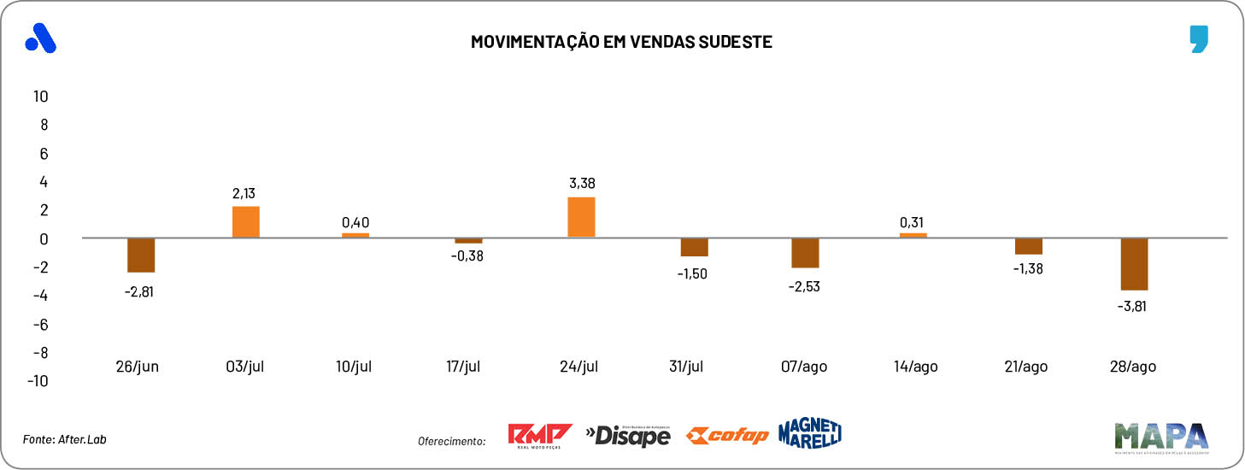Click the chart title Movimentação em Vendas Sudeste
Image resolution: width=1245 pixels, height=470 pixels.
621,41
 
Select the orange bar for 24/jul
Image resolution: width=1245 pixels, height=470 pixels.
581,217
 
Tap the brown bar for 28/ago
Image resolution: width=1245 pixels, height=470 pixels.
1134,264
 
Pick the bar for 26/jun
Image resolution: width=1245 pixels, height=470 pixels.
141,255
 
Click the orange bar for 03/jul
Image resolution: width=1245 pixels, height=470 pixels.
246,222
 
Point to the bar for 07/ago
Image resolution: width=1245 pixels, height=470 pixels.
805,253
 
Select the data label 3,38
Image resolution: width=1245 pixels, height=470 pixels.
581,183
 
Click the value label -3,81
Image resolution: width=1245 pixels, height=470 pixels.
1134,305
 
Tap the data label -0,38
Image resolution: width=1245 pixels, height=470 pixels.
467,256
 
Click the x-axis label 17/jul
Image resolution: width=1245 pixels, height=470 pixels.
463,367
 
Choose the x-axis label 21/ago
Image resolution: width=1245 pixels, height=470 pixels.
1025,367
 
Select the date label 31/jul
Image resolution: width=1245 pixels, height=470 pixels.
685,367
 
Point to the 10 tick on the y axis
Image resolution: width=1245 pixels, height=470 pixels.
40,96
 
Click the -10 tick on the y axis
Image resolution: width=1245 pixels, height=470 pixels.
38,381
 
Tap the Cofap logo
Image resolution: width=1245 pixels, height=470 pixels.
726,436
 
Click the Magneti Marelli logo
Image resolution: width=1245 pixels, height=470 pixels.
809,433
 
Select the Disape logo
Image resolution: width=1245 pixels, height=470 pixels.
628,435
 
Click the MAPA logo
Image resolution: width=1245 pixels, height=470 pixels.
1160,436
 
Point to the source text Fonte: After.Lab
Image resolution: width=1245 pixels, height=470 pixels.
65,439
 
